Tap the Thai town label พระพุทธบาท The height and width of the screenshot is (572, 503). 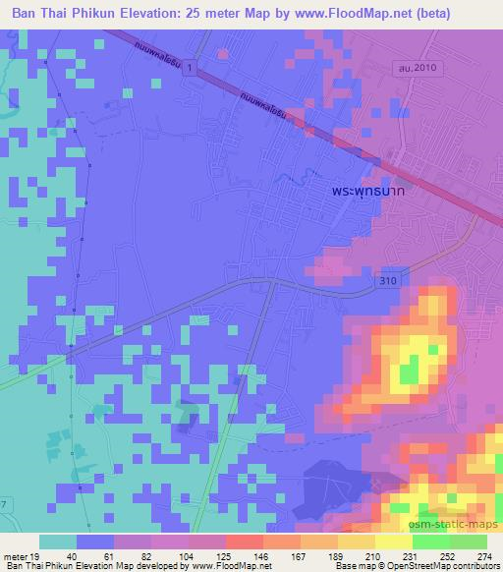[368, 195]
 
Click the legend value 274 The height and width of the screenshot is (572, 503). [485, 556]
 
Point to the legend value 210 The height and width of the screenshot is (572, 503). [375, 556]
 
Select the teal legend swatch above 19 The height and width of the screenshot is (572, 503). [57, 542]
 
